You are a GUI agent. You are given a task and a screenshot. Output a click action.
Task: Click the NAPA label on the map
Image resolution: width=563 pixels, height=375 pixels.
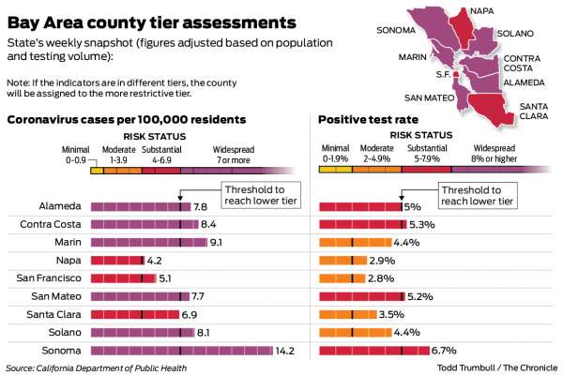(x=480, y=11)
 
